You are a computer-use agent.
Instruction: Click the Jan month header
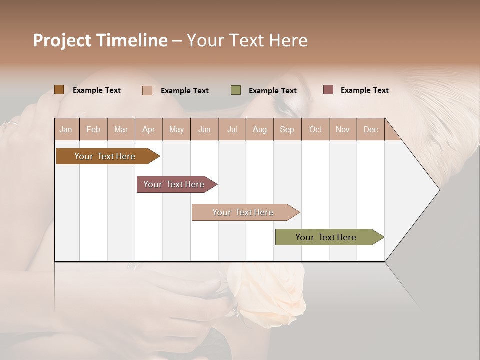[x=66, y=129]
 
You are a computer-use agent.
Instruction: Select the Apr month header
[x=148, y=129]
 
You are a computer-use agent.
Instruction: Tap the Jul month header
[x=232, y=129]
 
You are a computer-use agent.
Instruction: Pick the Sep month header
[x=287, y=129]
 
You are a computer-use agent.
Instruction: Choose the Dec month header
[x=370, y=129]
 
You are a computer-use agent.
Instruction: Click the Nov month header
[x=342, y=129]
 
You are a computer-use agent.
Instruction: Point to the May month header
[x=176, y=129]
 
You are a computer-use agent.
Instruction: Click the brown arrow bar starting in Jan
[x=105, y=156]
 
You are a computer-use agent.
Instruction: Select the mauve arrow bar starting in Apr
[x=174, y=184]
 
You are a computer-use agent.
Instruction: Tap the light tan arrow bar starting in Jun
[x=243, y=212]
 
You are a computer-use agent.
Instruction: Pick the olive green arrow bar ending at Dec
[x=326, y=237]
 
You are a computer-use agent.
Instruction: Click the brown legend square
[x=59, y=90]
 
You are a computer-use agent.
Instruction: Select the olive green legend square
[x=236, y=90]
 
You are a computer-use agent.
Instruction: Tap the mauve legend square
[x=328, y=90]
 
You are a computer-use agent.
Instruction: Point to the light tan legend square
[x=147, y=90]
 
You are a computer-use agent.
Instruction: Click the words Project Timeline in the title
[x=100, y=40]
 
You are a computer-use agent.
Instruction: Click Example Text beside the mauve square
[x=364, y=90]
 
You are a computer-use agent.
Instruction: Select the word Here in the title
[x=288, y=40]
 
